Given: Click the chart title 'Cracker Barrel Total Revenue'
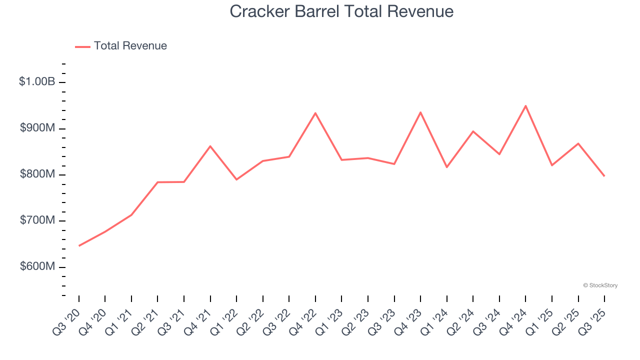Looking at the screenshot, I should [x=341, y=11].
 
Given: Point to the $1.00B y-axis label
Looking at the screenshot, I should [x=37, y=81].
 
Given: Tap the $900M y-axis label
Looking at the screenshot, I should [x=37, y=128].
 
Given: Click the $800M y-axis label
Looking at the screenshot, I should [x=37, y=174].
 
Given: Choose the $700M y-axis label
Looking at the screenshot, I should [x=37, y=220].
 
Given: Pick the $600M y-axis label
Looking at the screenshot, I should [x=37, y=266].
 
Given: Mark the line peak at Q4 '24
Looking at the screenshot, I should [x=525, y=106].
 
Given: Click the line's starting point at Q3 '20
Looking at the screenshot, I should [x=79, y=245].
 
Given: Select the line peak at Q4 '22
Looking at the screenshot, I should [x=315, y=113].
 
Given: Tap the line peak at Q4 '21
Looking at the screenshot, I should [x=210, y=146].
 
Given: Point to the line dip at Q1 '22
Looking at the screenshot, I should [x=236, y=179].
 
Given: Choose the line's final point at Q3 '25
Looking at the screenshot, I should [x=604, y=176].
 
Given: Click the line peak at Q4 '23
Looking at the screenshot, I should [x=420, y=112].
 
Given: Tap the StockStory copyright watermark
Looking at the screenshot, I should [x=600, y=285].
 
